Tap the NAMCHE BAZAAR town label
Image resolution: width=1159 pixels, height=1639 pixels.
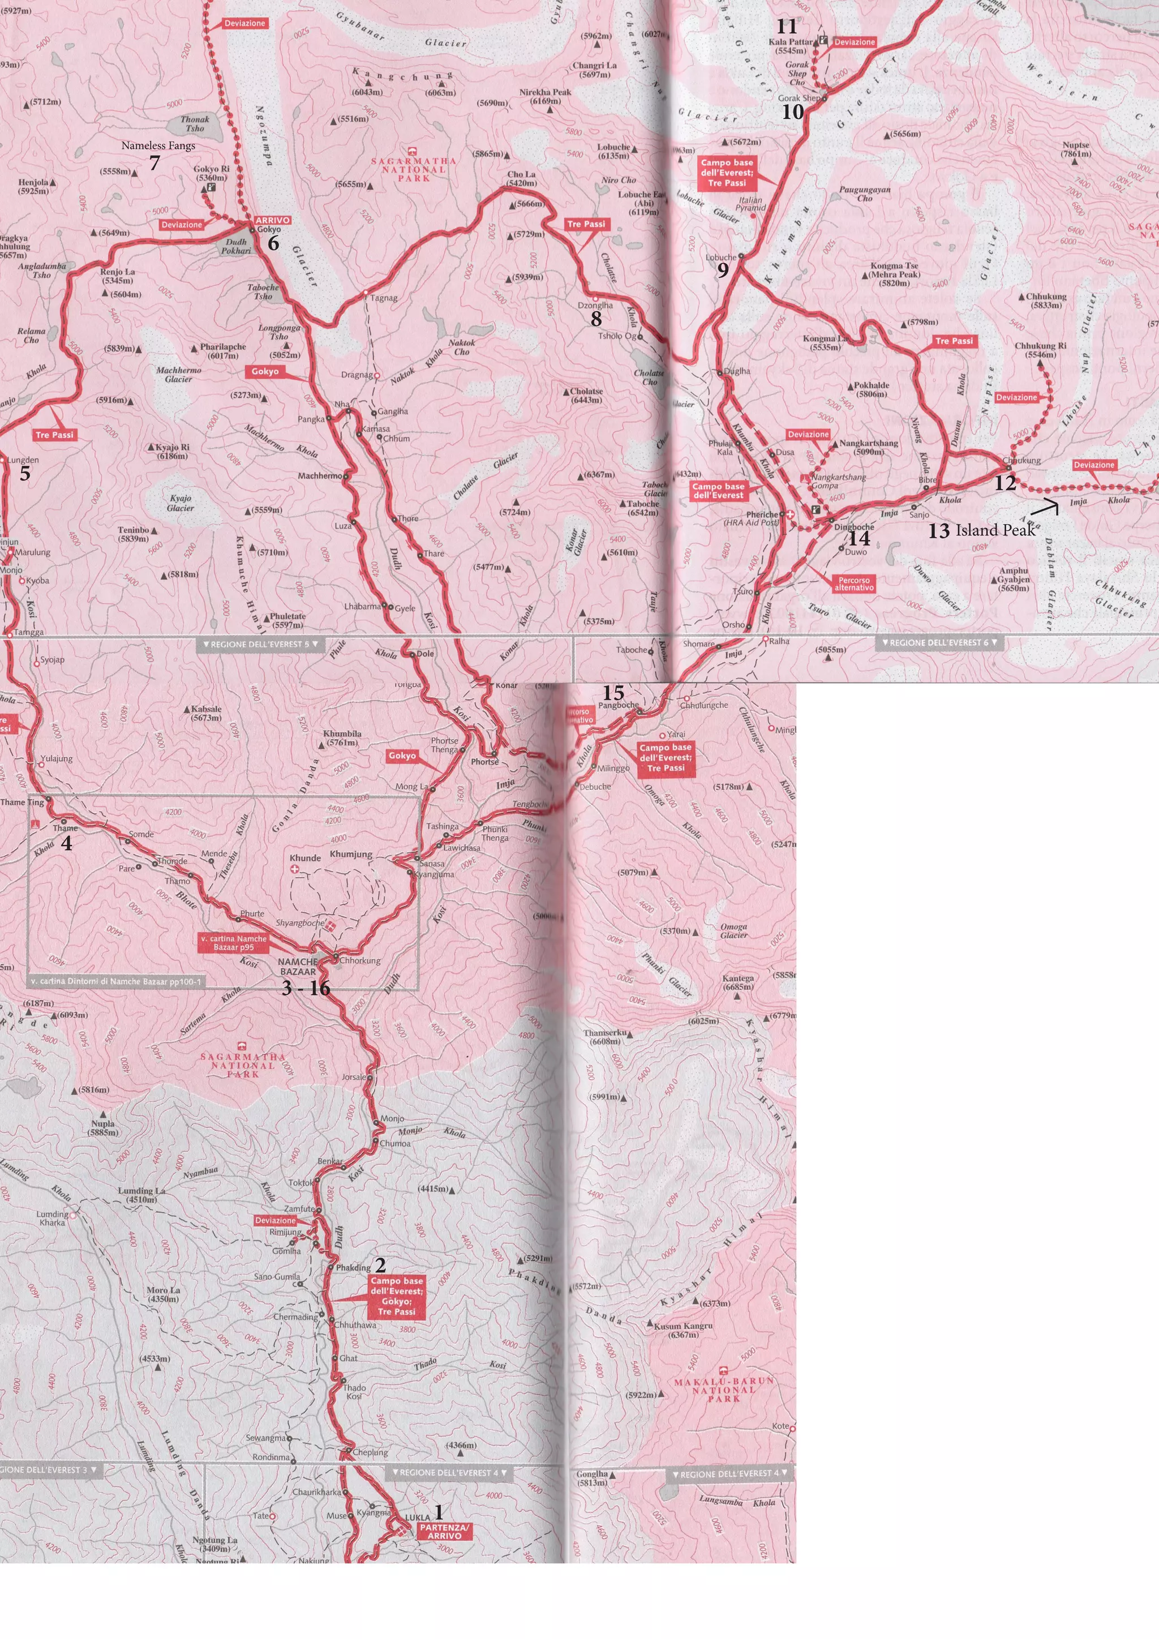click(x=298, y=967)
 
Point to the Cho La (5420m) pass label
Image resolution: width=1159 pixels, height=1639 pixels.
click(x=521, y=178)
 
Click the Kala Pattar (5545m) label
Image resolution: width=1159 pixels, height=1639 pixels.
click(x=791, y=46)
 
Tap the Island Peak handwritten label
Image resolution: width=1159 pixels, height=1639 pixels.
click(x=995, y=530)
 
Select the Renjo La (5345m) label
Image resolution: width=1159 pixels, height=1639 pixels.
click(x=118, y=276)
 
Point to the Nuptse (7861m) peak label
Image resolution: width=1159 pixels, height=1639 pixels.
click(x=1075, y=148)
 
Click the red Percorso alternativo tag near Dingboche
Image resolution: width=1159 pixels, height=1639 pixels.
click(x=853, y=584)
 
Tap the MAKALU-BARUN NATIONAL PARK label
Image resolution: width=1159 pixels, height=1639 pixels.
click(x=724, y=1390)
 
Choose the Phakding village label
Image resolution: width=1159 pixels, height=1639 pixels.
click(x=353, y=1268)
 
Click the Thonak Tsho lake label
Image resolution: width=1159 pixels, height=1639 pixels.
click(x=195, y=124)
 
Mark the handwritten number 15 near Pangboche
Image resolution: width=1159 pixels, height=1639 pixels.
click(x=613, y=692)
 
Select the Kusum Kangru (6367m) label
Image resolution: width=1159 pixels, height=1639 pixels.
click(x=683, y=1330)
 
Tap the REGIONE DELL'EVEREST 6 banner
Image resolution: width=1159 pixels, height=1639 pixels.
click(x=939, y=642)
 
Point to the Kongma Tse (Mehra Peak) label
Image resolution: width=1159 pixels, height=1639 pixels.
click(x=894, y=274)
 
